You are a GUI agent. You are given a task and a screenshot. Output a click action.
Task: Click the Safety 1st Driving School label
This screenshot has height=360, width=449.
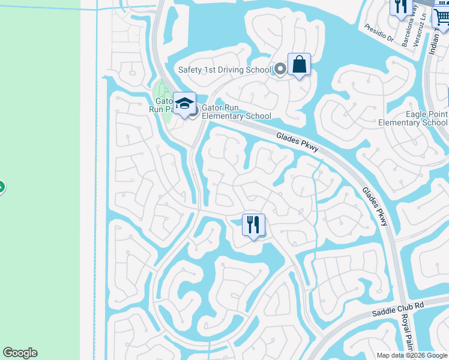[224, 70]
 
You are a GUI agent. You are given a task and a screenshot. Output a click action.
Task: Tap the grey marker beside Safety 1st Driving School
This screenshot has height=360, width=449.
[280, 70]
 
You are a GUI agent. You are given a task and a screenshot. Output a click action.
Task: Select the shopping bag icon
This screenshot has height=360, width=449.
[299, 65]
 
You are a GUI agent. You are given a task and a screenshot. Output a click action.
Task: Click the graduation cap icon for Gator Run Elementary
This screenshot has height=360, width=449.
[185, 104]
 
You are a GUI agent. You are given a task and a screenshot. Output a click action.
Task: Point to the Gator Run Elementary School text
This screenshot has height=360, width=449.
[237, 112]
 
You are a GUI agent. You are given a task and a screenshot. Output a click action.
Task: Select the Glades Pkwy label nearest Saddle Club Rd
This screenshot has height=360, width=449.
[375, 206]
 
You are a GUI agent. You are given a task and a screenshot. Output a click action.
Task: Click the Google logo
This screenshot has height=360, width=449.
[20, 353]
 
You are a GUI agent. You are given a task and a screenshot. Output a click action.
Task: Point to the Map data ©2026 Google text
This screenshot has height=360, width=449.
[412, 355]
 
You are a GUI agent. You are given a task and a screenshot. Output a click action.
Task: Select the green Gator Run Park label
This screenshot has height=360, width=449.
[160, 105]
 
